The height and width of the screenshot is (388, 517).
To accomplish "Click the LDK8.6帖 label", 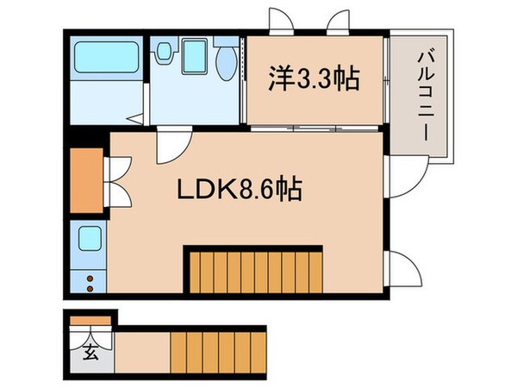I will click(240, 189).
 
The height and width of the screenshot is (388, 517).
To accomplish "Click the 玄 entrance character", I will click(89, 353).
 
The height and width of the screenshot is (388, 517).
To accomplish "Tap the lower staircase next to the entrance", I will click(202, 351).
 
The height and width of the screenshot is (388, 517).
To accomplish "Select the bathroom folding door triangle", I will click(134, 116).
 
